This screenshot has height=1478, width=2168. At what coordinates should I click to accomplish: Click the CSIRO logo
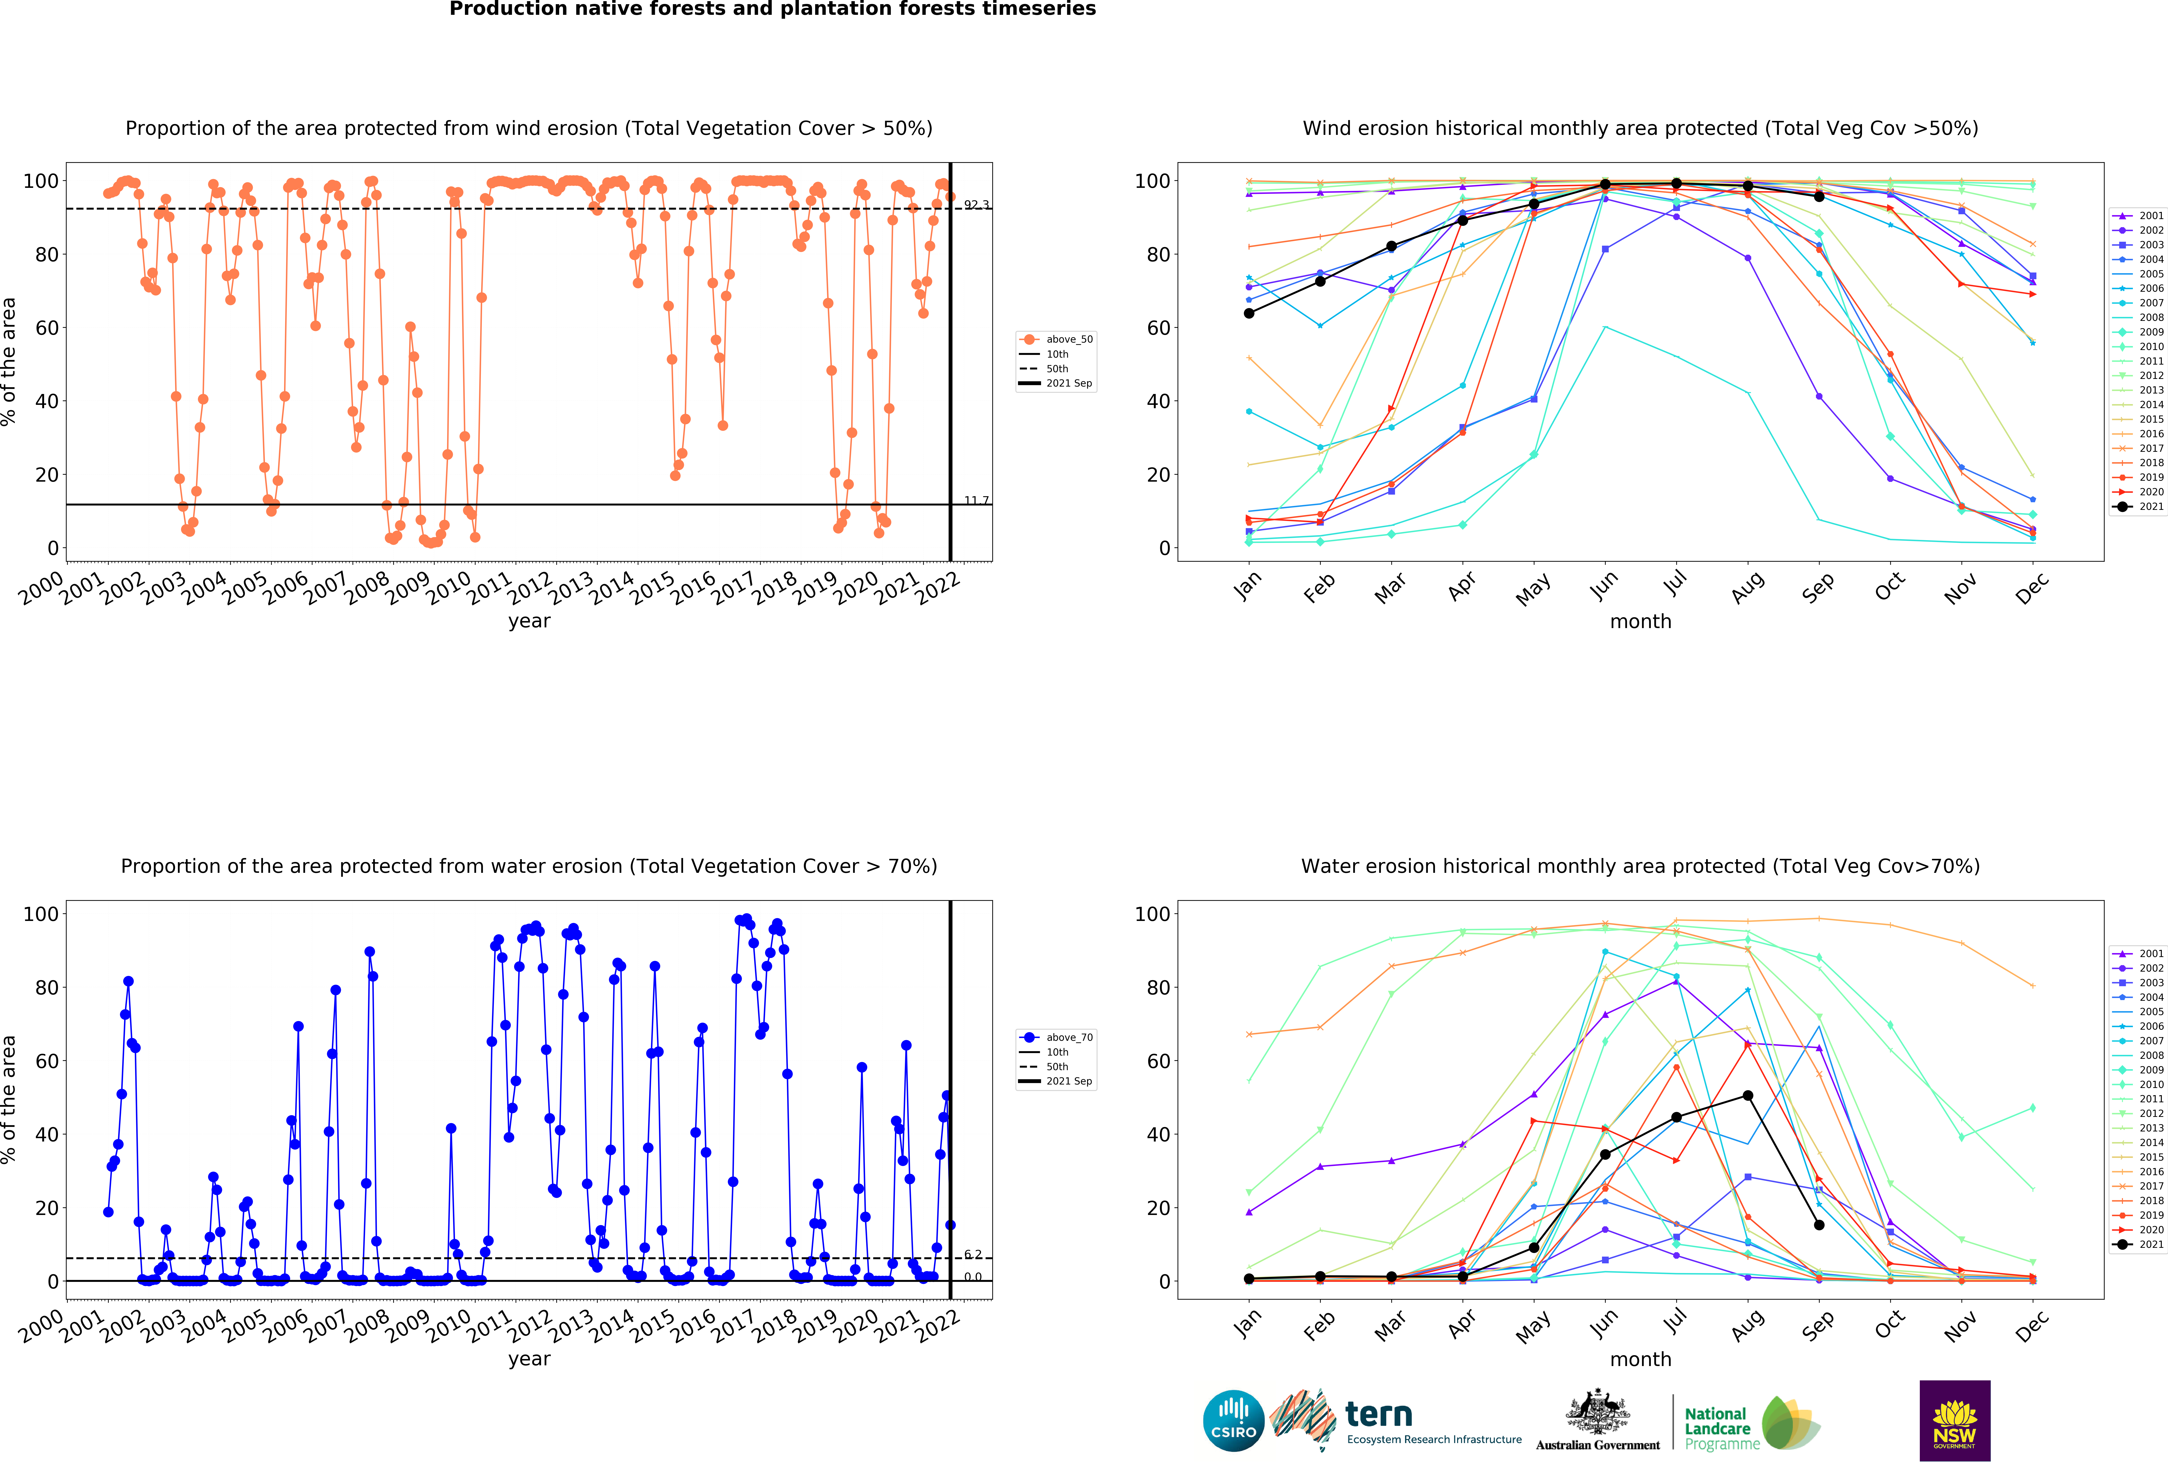click(1233, 1421)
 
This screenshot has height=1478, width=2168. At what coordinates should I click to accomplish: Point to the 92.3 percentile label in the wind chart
click(976, 204)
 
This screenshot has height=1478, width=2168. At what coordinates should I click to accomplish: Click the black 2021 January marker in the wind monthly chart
click(1249, 313)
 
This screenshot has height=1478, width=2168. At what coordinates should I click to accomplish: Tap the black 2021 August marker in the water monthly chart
click(1747, 1095)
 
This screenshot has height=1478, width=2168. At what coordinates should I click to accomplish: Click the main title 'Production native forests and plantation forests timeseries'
click(772, 9)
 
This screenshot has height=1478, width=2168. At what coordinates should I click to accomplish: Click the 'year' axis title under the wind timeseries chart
click(529, 621)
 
